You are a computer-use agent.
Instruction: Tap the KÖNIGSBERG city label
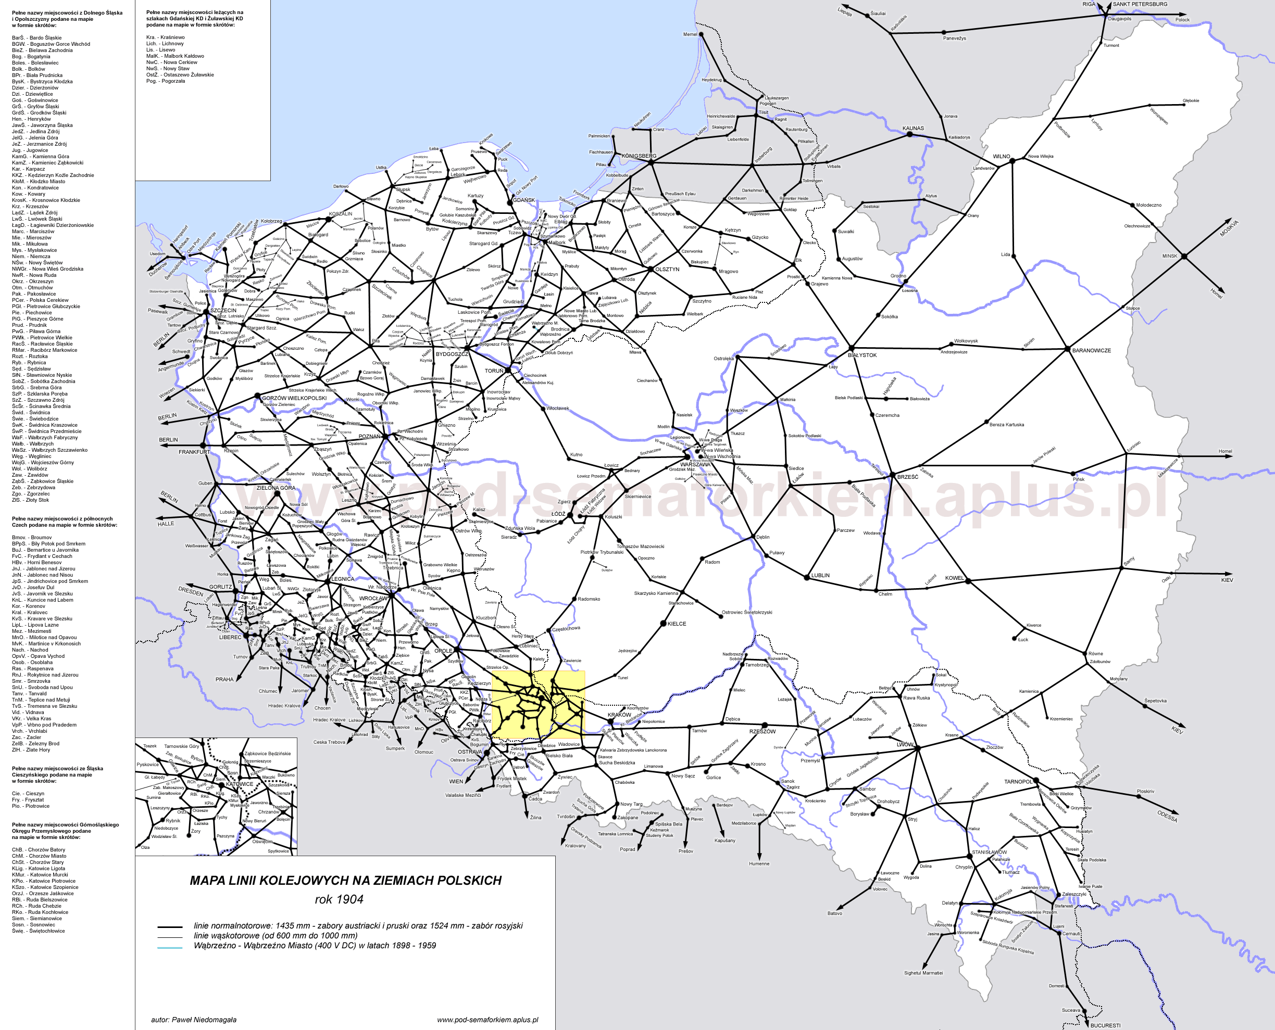[x=639, y=156]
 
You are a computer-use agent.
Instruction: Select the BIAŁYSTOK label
[x=862, y=355]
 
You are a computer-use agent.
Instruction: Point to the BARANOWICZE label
[x=1091, y=351]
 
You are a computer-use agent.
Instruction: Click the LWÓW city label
[x=905, y=744]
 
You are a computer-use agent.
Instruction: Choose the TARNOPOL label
[x=1018, y=781]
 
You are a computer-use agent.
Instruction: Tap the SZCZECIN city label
[x=223, y=310]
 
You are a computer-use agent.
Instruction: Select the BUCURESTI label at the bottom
[x=1105, y=1025]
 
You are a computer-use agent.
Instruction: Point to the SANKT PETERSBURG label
[x=1140, y=4]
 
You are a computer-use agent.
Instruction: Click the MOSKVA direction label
[x=1229, y=228]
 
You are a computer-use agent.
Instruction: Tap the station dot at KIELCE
[x=664, y=623]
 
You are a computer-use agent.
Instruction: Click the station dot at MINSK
[x=1183, y=256]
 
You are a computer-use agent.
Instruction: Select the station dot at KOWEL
[x=968, y=581]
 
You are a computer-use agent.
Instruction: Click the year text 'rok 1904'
[x=339, y=899]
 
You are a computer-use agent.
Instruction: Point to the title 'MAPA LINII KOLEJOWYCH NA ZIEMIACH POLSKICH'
[x=345, y=880]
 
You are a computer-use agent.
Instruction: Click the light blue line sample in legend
[x=169, y=948]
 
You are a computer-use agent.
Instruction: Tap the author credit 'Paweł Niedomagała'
[x=194, y=1019]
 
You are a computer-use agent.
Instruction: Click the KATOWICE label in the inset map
[x=239, y=784]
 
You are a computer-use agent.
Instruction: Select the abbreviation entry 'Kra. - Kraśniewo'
[x=166, y=37]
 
